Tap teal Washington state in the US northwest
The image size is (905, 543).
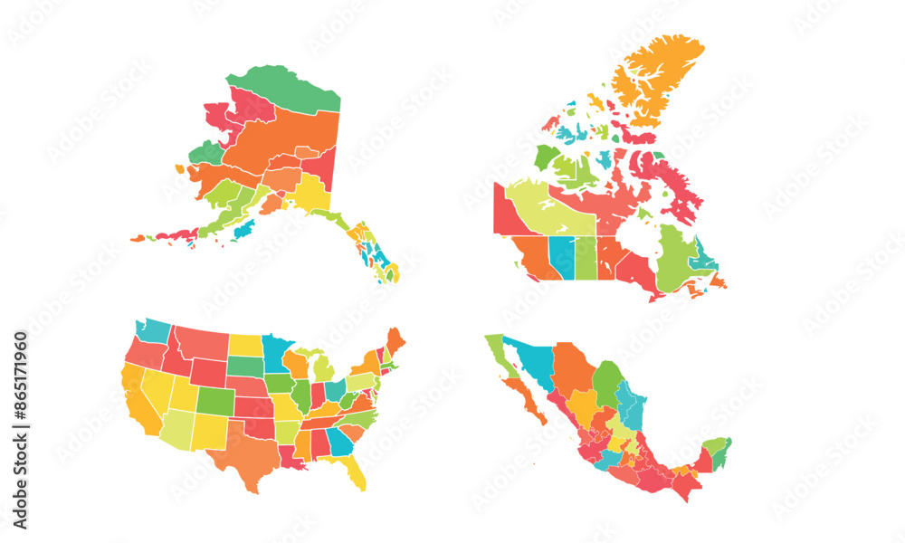click(x=154, y=330)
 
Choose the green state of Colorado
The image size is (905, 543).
click(x=214, y=400)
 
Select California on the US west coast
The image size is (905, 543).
click(x=138, y=398)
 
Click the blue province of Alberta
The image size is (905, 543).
click(x=562, y=257)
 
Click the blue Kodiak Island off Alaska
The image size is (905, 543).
click(x=243, y=230)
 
